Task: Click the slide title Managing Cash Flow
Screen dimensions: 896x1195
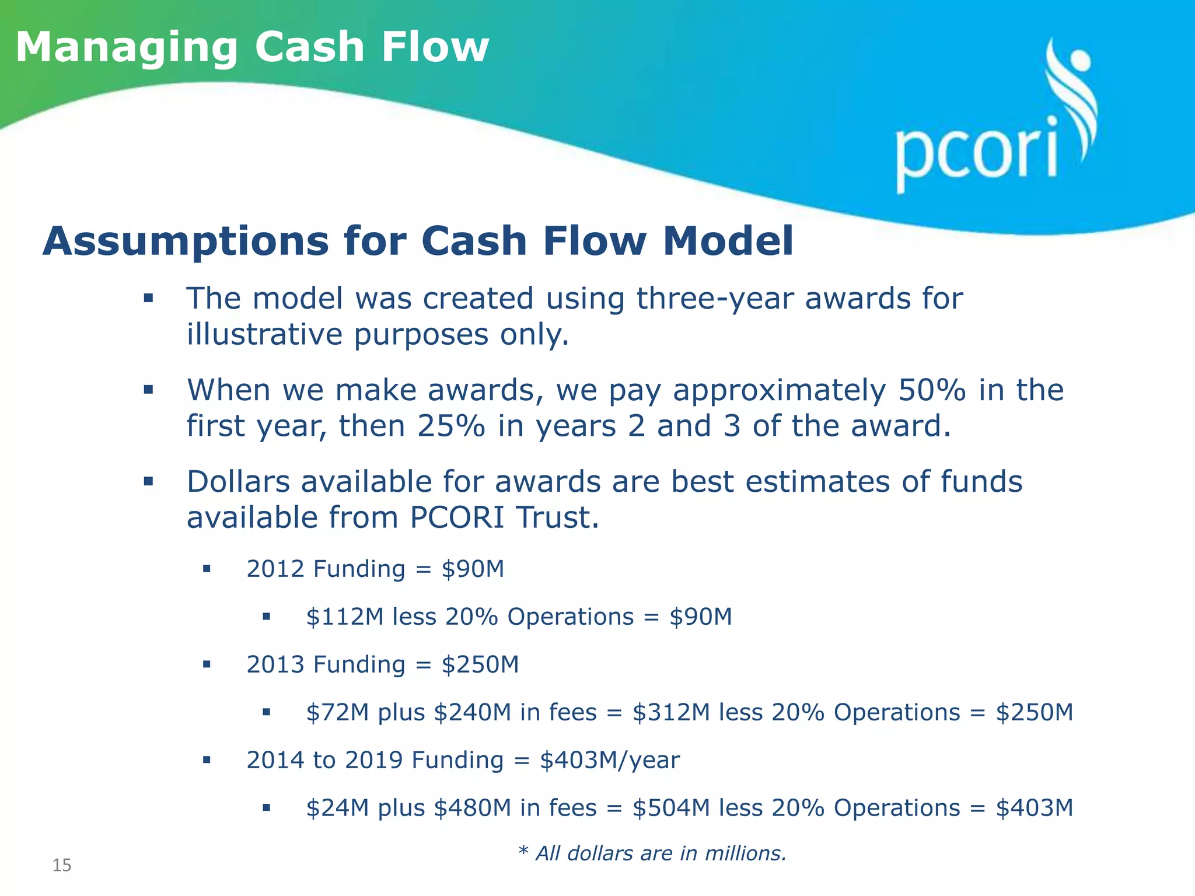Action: click(x=252, y=48)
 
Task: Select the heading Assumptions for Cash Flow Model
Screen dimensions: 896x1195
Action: click(x=418, y=241)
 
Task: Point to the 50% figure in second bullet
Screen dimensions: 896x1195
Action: click(x=932, y=390)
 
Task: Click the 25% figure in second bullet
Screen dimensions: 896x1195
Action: click(x=451, y=426)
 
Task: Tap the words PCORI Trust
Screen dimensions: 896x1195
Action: click(x=504, y=518)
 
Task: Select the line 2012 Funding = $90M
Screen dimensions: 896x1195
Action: click(x=375, y=569)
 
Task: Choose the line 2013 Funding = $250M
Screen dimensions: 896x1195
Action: click(x=382, y=664)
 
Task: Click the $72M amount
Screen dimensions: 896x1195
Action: click(x=337, y=713)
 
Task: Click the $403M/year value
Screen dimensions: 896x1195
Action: click(x=610, y=760)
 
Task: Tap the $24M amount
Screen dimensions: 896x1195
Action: click(x=337, y=808)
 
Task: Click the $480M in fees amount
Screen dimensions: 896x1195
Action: click(x=516, y=808)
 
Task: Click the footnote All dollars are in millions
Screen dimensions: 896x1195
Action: click(x=652, y=853)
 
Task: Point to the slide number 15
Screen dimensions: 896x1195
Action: click(x=62, y=865)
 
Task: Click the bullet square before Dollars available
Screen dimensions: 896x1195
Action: click(x=148, y=481)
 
